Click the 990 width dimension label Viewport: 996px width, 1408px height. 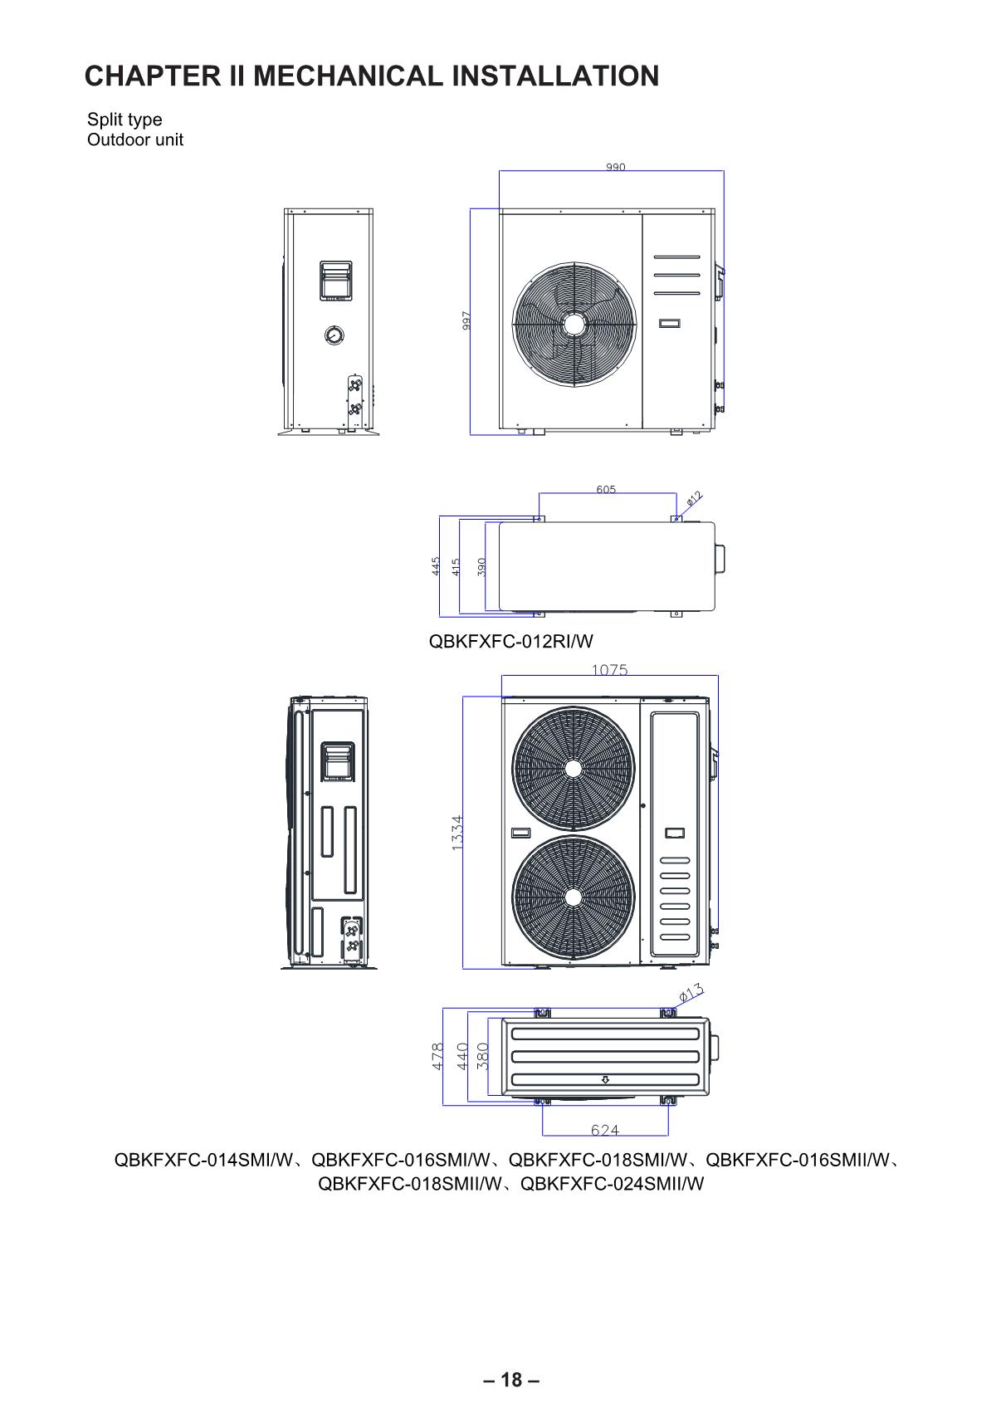click(x=615, y=167)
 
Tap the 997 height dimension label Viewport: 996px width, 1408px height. click(x=466, y=320)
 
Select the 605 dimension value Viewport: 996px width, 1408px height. click(x=606, y=489)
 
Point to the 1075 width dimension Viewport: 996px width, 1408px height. click(x=609, y=670)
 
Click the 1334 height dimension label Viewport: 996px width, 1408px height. click(x=456, y=833)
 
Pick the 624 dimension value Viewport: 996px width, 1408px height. click(x=604, y=1130)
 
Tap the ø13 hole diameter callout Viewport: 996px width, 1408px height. click(x=691, y=993)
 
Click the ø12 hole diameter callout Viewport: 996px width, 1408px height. click(x=693, y=498)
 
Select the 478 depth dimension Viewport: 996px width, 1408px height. click(x=437, y=1056)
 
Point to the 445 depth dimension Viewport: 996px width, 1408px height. click(x=436, y=565)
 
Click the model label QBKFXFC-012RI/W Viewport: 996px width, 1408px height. click(x=511, y=641)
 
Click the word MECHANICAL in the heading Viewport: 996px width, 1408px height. click(x=348, y=76)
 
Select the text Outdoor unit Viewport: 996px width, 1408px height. click(x=135, y=139)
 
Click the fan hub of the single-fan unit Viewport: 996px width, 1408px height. click(x=573, y=325)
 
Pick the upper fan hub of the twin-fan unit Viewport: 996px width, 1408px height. click(x=573, y=768)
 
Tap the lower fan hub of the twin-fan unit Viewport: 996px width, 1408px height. click(x=573, y=897)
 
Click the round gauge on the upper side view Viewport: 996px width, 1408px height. click(x=334, y=335)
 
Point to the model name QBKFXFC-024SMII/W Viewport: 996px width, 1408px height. click(x=612, y=1184)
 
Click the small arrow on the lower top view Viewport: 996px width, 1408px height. click(x=605, y=1080)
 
